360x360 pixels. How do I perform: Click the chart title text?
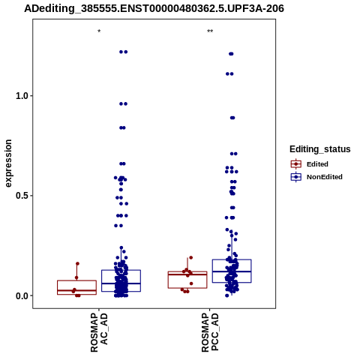[154, 9]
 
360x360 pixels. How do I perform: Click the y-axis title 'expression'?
[8, 163]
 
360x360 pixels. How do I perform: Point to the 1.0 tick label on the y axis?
[22, 96]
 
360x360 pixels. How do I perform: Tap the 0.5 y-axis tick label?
[22, 196]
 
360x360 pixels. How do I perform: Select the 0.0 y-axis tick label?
[22, 295]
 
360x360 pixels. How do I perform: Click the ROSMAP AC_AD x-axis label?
[99, 332]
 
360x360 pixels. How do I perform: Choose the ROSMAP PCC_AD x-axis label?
[210, 332]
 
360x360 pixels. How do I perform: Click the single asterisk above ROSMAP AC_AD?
[99, 31]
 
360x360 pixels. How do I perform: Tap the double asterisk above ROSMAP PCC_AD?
[210, 31]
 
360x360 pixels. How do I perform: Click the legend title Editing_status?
[320, 149]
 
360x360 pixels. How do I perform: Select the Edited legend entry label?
[317, 164]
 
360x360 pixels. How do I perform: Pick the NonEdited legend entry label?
[325, 177]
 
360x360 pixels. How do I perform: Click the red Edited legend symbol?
[296, 164]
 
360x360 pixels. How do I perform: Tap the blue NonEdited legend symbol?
[296, 177]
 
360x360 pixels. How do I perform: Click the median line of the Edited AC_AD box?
[76, 290]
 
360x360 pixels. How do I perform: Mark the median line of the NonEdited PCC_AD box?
[232, 271]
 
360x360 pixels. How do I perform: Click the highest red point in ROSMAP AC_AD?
[77, 263]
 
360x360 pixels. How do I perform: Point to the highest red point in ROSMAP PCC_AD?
[191, 257]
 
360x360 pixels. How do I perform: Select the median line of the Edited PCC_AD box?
[187, 274]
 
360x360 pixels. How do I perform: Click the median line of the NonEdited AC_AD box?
[121, 283]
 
